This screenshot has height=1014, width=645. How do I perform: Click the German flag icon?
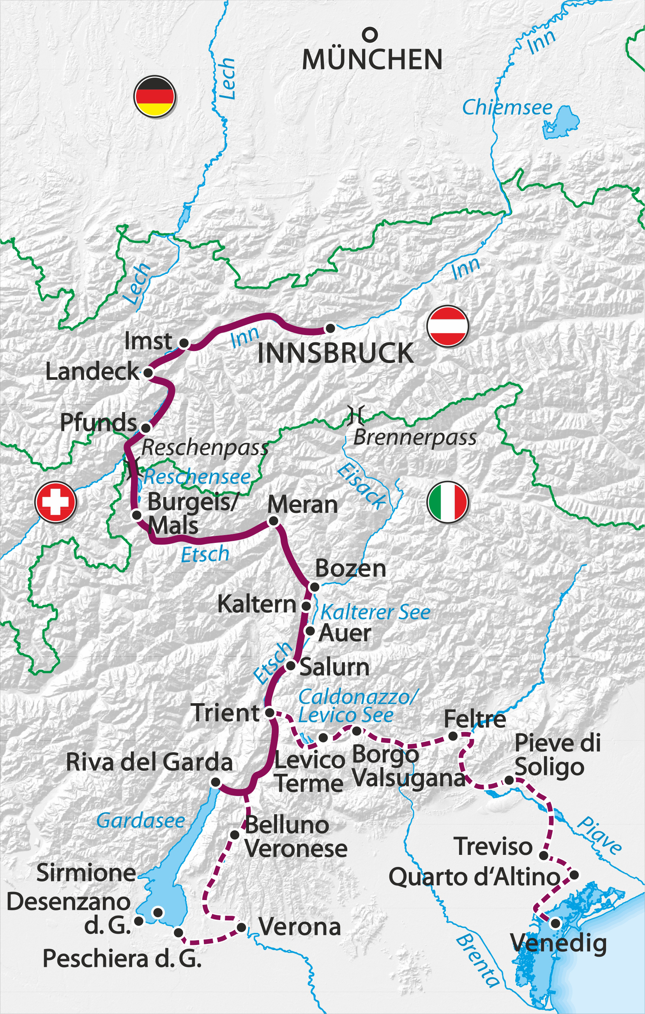pyautogui.click(x=154, y=96)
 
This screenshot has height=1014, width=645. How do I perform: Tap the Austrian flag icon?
pyautogui.click(x=448, y=326)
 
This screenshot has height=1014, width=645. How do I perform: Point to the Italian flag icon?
pyautogui.click(x=448, y=502)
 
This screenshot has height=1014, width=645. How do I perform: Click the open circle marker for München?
pyautogui.click(x=370, y=35)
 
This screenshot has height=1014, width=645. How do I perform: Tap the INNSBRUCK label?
pyautogui.click(x=335, y=353)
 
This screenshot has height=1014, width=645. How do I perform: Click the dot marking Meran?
pyautogui.click(x=273, y=521)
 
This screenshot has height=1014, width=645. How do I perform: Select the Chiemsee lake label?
pyautogui.click(x=507, y=107)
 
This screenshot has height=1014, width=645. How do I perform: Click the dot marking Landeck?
pyautogui.click(x=148, y=373)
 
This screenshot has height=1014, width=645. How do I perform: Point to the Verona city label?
pyautogui.click(x=300, y=927)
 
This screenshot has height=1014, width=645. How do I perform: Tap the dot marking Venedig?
pyautogui.click(x=555, y=923)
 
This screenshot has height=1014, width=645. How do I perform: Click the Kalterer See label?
pyautogui.click(x=375, y=612)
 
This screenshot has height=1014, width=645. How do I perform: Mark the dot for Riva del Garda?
pyautogui.click(x=216, y=782)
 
